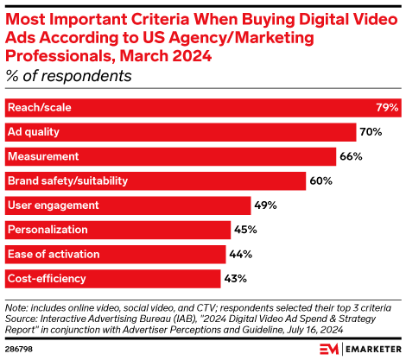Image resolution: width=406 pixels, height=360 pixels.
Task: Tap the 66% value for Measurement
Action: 352,156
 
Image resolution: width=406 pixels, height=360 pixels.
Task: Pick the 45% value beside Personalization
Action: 246,230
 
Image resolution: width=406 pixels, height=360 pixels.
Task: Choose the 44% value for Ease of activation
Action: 241,254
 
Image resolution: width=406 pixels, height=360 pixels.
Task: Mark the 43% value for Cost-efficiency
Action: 236,279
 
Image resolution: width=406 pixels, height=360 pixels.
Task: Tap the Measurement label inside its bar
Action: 43,156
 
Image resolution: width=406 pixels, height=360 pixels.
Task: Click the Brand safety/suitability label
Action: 67,181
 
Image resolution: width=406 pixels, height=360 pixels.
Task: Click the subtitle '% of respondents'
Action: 68,76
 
